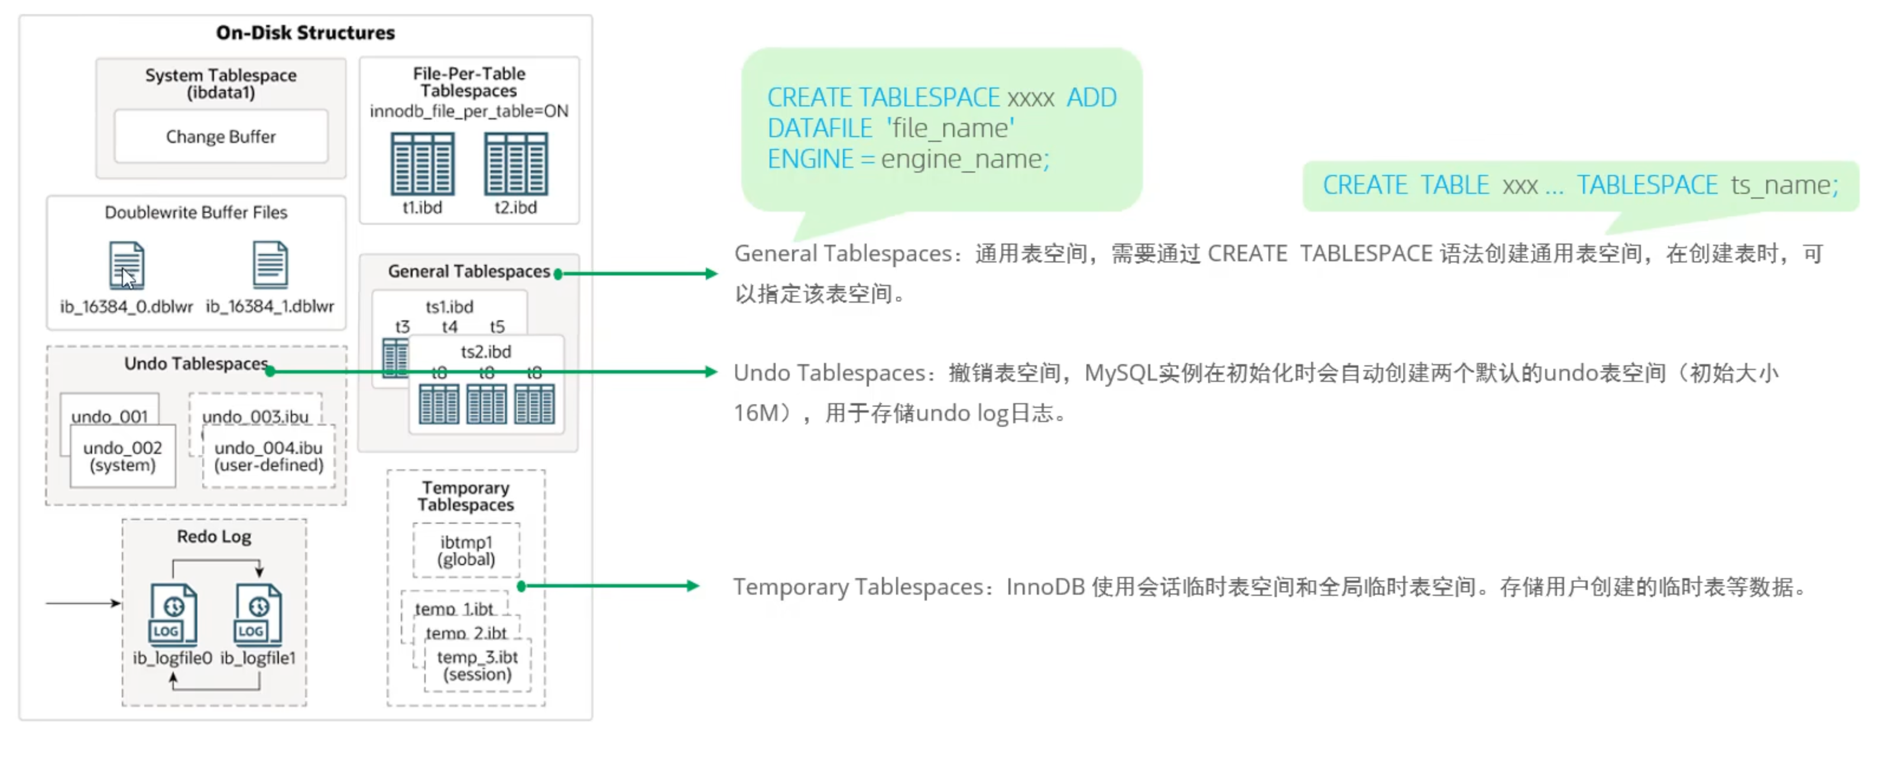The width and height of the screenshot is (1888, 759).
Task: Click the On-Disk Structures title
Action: [x=305, y=33]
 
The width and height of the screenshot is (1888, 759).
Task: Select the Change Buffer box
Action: [x=220, y=137]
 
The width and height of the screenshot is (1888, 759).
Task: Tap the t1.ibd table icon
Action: [x=422, y=164]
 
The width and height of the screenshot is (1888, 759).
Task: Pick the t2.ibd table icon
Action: [x=515, y=164]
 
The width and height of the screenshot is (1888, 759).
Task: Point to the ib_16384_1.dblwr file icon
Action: [x=270, y=264]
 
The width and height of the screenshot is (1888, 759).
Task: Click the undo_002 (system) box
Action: [x=122, y=456]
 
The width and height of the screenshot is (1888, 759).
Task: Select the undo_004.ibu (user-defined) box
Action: [x=268, y=456]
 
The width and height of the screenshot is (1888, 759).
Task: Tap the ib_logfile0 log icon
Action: [x=173, y=613]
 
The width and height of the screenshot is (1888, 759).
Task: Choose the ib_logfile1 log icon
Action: [x=258, y=613]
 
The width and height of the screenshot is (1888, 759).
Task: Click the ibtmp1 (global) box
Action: [x=466, y=551]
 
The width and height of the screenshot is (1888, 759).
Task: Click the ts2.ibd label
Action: [x=486, y=352]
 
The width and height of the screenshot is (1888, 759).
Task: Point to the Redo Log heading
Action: [x=214, y=537]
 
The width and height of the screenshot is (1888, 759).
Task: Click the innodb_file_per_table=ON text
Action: [x=469, y=111]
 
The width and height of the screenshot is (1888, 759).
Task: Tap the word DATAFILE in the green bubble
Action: [x=819, y=129]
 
